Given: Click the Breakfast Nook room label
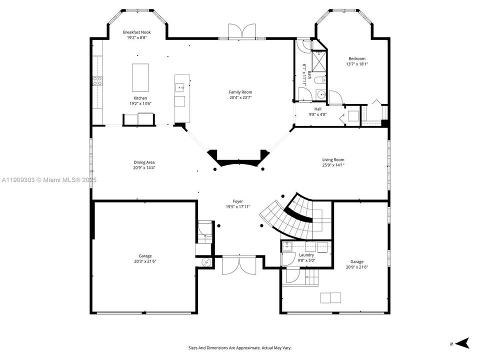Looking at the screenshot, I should click(x=137, y=32).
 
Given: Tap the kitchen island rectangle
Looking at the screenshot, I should click(x=140, y=77).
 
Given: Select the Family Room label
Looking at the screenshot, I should click(x=240, y=92).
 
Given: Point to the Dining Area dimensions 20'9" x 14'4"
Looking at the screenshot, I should click(x=144, y=168).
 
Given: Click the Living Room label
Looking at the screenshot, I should click(x=333, y=160).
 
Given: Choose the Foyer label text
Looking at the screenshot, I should click(x=238, y=201).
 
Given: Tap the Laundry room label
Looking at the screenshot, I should click(x=306, y=255).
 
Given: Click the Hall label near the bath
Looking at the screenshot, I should click(x=318, y=109).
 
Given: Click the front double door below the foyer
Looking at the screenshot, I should click(x=239, y=264).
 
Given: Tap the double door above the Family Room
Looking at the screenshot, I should click(x=242, y=31).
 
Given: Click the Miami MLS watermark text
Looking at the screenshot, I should click(x=49, y=179).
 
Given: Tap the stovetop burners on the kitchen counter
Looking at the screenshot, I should click(x=97, y=80).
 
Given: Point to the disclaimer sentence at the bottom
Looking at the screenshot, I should click(x=239, y=347).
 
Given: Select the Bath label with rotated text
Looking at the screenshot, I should click(x=306, y=75).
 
